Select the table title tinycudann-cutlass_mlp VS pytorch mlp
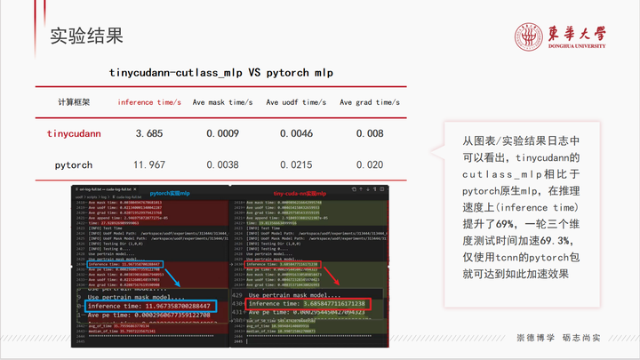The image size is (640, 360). [221, 72]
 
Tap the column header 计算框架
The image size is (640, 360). [74, 102]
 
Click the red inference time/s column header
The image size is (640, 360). [149, 102]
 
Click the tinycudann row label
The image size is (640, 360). [74, 133]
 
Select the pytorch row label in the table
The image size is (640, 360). [74, 164]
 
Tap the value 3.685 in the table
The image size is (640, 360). [149, 133]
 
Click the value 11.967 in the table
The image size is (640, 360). [149, 164]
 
